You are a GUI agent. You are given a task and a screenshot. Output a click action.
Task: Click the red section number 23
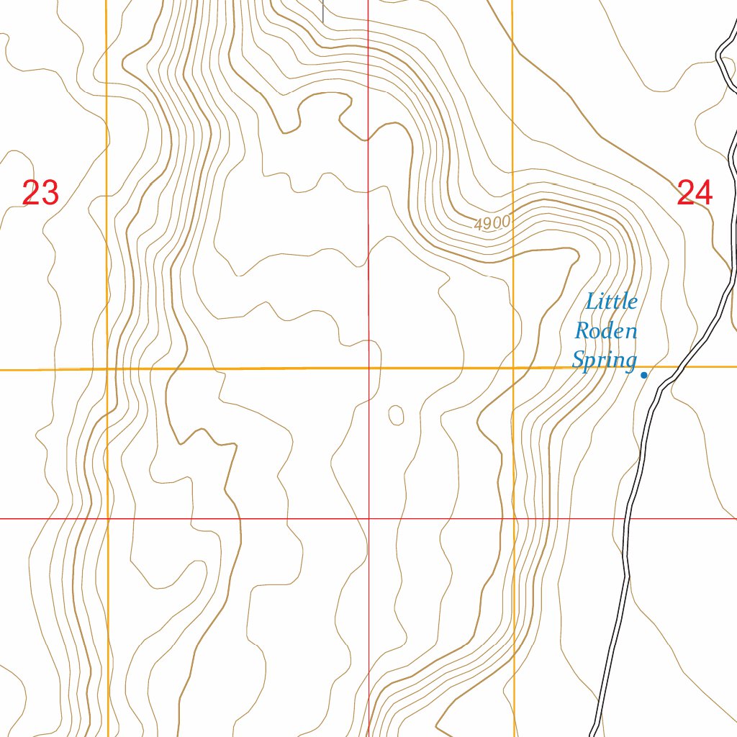pyautogui.click(x=40, y=193)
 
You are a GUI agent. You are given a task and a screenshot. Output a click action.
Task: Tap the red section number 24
pyautogui.click(x=695, y=193)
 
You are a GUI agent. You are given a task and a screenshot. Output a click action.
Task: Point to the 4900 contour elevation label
pyautogui.click(x=492, y=224)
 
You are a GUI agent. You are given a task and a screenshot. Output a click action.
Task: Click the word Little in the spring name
pyautogui.click(x=611, y=301)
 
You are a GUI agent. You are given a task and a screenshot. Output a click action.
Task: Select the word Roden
pyautogui.click(x=605, y=331)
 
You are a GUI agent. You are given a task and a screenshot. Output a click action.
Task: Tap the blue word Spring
pyautogui.click(x=605, y=360)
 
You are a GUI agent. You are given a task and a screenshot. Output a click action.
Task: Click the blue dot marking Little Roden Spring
pyautogui.click(x=643, y=374)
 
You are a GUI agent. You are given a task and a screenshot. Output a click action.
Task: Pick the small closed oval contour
pyautogui.click(x=396, y=415)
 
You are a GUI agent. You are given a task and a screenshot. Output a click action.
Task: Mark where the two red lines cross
pyautogui.click(x=368, y=518)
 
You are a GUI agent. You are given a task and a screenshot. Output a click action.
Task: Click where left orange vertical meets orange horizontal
pyautogui.click(x=107, y=369)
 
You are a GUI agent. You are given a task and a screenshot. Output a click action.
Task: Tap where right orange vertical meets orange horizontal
pyautogui.click(x=513, y=368)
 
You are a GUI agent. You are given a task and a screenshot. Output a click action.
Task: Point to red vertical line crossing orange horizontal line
pyautogui.click(x=368, y=368)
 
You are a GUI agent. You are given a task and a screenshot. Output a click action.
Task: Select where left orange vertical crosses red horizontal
pyautogui.click(x=107, y=518)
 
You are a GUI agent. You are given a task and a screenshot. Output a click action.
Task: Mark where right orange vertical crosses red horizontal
pyautogui.click(x=514, y=518)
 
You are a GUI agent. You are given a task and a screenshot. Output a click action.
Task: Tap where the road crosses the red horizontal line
pyautogui.click(x=626, y=518)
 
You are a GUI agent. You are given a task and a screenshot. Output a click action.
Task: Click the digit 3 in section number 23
pyautogui.click(x=50, y=193)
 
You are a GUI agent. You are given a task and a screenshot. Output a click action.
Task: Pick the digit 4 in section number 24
pyautogui.click(x=704, y=193)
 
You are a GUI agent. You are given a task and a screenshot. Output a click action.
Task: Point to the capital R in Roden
pyautogui.click(x=581, y=331)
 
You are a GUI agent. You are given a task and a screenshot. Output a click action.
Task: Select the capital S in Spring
pyautogui.click(x=578, y=359)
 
